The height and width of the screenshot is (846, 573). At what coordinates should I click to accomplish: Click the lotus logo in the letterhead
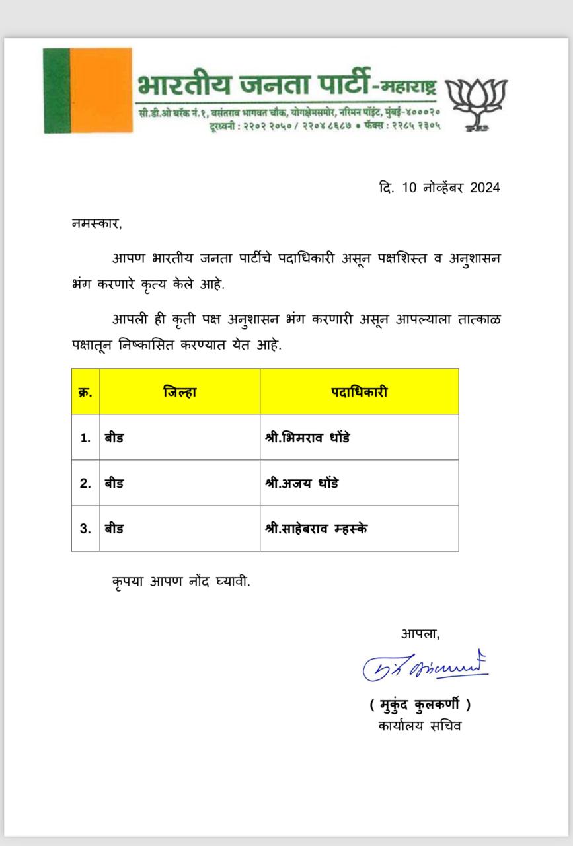476,102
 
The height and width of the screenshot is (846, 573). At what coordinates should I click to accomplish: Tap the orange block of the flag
100,90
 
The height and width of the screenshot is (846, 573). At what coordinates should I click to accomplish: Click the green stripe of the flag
56,90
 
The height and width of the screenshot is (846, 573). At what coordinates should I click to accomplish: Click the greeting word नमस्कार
96,223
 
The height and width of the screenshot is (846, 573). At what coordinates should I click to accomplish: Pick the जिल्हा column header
180,392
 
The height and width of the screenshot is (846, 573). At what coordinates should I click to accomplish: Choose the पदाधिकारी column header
359,392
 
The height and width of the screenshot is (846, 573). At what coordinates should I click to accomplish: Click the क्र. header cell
85,392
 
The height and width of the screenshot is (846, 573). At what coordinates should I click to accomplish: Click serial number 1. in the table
85,438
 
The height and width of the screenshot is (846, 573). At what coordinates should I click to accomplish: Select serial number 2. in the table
85,483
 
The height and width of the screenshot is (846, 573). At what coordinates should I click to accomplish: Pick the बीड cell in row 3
114,529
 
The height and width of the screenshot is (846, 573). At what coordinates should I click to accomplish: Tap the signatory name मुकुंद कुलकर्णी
420,705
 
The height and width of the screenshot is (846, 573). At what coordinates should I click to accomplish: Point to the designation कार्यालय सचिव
420,726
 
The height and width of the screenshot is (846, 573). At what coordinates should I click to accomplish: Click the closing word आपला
420,633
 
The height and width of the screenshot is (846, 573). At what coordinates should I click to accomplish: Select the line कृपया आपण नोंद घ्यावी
181,582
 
